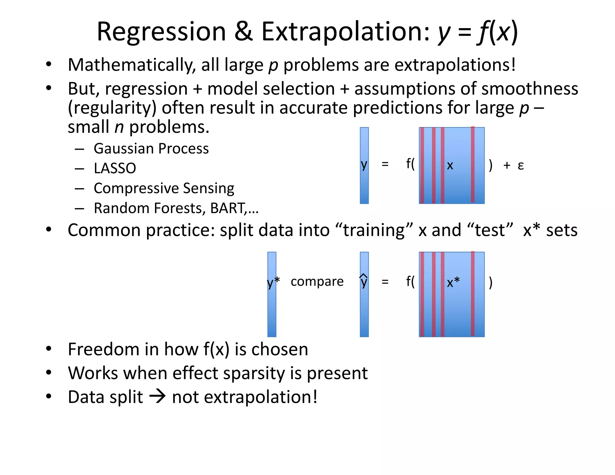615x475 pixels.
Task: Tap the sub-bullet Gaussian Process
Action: pyautogui.click(x=151, y=149)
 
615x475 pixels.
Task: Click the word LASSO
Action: pyautogui.click(x=115, y=168)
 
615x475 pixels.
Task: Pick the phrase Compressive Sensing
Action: pyautogui.click(x=164, y=188)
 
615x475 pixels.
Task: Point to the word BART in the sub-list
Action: pyautogui.click(x=228, y=208)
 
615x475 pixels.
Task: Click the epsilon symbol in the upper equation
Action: pyautogui.click(x=521, y=165)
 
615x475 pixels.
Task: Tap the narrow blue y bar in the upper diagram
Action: pyautogui.click(x=364, y=186)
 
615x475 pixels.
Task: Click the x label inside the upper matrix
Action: pyautogui.click(x=450, y=165)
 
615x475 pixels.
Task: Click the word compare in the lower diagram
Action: pyautogui.click(x=317, y=282)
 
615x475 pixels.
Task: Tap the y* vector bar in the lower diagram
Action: pyautogui.click(x=272, y=309)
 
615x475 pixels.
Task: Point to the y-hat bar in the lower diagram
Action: pyautogui.click(x=364, y=309)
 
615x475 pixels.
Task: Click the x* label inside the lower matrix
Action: pyautogui.click(x=453, y=283)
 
